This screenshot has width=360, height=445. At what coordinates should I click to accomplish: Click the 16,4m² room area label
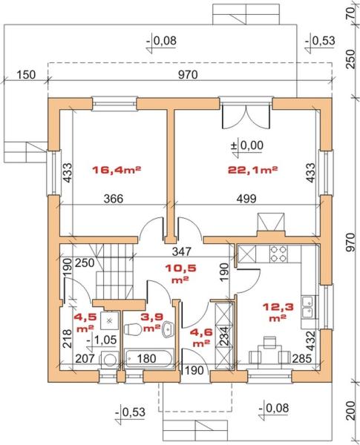[117, 170]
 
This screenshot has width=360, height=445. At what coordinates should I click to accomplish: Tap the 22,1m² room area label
[252, 170]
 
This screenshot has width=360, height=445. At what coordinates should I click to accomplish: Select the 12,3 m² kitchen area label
[278, 311]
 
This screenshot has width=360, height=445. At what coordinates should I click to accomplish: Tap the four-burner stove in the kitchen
[278, 254]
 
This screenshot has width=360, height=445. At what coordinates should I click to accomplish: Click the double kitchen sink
[308, 307]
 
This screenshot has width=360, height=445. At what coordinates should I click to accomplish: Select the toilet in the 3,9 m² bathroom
[133, 329]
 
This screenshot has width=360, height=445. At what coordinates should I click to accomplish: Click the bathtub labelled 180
[149, 358]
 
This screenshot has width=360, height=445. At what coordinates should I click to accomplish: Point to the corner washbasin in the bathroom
[168, 330]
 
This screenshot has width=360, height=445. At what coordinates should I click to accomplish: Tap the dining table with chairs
[269, 351]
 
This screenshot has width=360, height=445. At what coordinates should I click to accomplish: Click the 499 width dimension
[246, 198]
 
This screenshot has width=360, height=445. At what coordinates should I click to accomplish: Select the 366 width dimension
[114, 198]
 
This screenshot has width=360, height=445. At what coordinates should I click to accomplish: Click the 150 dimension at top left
[26, 75]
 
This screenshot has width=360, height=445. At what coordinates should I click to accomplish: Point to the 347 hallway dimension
[182, 251]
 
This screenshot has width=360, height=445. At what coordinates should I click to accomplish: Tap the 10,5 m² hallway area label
[180, 273]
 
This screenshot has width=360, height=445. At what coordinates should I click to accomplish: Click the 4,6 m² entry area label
[201, 337]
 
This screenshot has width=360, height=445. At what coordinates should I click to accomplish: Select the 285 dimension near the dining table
[302, 359]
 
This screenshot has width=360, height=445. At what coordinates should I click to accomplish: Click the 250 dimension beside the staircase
[85, 263]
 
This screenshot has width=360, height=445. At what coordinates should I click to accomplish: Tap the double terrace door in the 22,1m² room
[246, 116]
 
